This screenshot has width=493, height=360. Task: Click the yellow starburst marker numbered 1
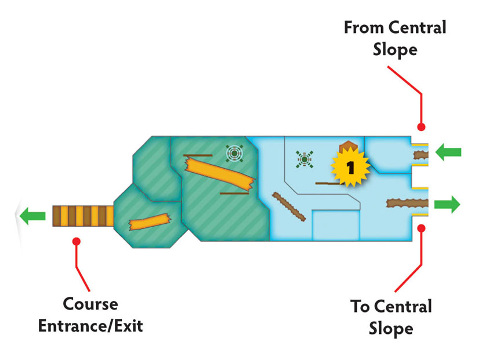pos(350,167)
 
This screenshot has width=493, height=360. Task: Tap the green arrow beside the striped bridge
pos(32,216)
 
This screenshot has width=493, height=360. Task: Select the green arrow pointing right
pos(447,204)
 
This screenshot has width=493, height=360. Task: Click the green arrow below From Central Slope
pos(448,152)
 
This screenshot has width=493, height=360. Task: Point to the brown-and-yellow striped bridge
pos(83,216)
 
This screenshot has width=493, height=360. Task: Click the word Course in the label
pos(90,304)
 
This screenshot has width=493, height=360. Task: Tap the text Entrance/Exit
pos(90,326)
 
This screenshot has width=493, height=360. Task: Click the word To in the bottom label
pos(360,306)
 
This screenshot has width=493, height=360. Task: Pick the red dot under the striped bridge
pos(77,241)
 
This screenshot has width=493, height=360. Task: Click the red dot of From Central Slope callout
pos(421,127)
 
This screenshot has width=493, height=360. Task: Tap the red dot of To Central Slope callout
pos(421,228)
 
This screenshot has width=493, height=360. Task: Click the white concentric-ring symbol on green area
pos(234,153)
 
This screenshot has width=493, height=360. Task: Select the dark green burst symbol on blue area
pos(304,159)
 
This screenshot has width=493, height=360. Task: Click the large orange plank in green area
pos(219,173)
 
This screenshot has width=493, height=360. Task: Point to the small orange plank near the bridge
pos(150,222)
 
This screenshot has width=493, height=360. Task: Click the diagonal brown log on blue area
pos(289,206)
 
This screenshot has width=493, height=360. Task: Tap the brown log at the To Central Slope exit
pos(407,203)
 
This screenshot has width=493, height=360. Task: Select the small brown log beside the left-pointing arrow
pos(420,155)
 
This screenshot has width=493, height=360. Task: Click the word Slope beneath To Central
pos(391,329)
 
